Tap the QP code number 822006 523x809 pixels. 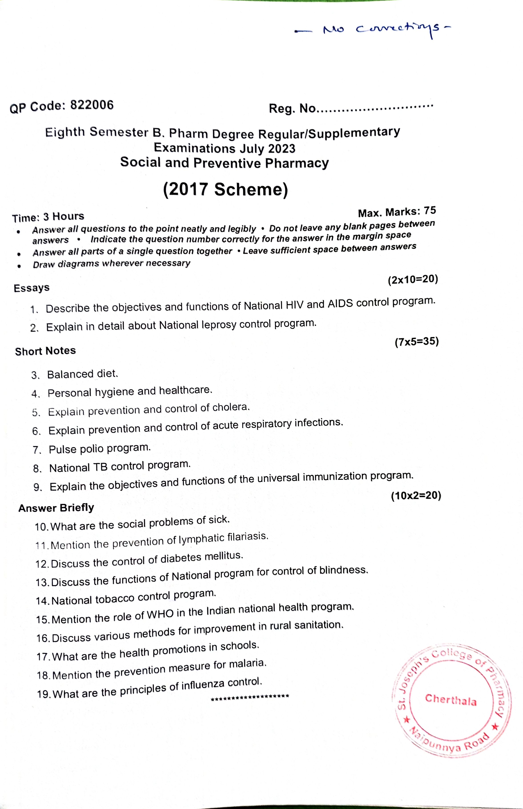point(92,105)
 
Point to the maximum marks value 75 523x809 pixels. point(430,211)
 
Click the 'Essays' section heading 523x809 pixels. point(32,288)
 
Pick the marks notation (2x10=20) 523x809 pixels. point(413,280)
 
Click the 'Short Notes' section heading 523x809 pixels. point(45,351)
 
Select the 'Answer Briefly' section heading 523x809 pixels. point(56,508)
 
